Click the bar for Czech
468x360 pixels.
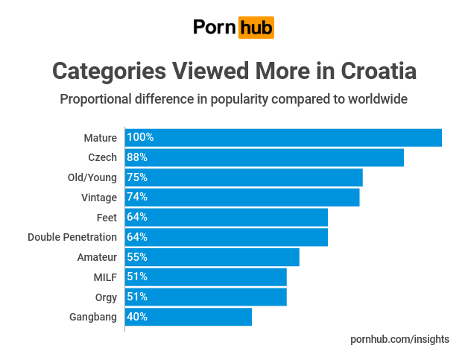coord(264,157)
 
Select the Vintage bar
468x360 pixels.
coord(242,198)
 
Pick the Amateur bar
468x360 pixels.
coord(212,256)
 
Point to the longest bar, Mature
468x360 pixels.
coord(283,138)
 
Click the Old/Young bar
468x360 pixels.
coord(244,177)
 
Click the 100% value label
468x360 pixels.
coord(140,138)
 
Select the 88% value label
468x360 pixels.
coord(137,157)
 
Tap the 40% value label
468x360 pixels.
coord(137,316)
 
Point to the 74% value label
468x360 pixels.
coord(137,198)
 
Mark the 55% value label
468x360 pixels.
coord(137,256)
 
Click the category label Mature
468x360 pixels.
coord(101,138)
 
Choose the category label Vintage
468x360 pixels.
coord(99,198)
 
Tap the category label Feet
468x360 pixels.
coord(107,217)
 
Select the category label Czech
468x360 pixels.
coord(102,157)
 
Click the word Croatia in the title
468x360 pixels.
coord(379,72)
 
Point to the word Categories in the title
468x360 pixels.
coord(108,72)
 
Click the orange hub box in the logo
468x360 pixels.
coord(256,28)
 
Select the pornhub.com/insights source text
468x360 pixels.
coord(399,339)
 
